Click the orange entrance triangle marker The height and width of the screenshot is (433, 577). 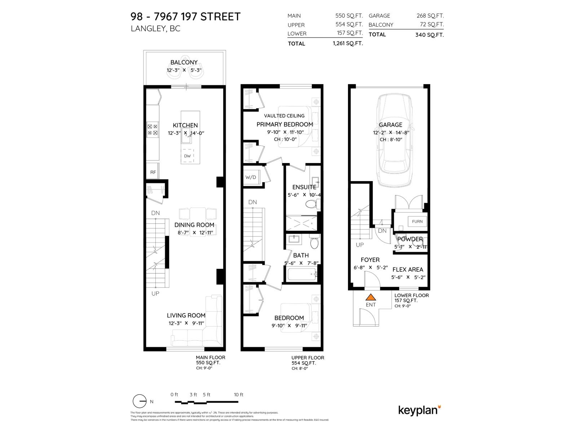point(371,297)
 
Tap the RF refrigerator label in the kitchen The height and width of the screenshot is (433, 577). point(153,172)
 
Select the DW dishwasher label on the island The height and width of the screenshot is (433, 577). point(187,156)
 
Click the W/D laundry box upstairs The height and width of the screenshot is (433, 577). point(251,177)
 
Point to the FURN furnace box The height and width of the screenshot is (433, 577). point(417,221)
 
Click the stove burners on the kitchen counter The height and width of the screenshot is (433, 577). point(153,130)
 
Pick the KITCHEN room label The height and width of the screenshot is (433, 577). point(185,125)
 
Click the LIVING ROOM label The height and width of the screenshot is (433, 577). point(186,315)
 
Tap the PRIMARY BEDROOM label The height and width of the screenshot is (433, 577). point(285,124)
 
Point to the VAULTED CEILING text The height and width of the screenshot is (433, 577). point(284,115)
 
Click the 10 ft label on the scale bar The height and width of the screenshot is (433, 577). point(239,394)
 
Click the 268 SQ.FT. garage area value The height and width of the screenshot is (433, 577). point(430,16)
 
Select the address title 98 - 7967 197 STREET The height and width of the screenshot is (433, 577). point(185,17)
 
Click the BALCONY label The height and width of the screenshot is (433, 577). point(184,62)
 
